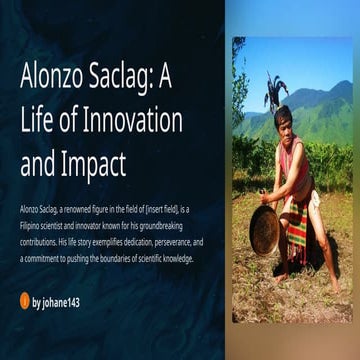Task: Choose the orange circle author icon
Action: coord(25,298)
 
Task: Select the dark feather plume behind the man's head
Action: coord(274,90)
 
